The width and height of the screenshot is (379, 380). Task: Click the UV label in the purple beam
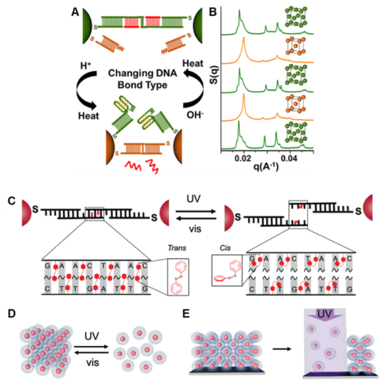333,317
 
